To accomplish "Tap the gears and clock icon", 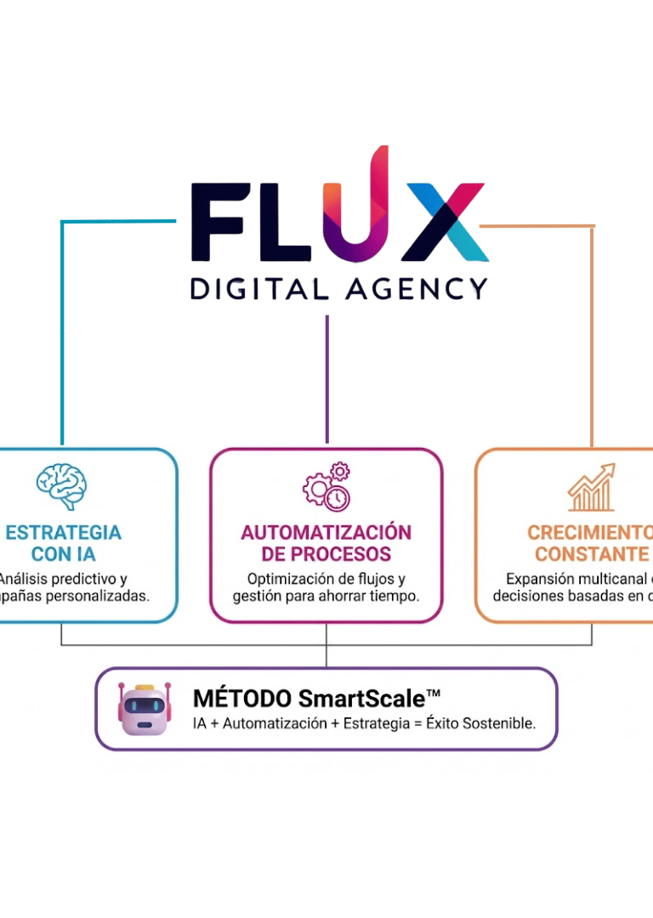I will click(x=326, y=487).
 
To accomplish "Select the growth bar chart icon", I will click(x=592, y=487).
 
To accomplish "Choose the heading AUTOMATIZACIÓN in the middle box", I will click(x=326, y=533).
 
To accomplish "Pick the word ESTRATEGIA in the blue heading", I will click(x=63, y=533).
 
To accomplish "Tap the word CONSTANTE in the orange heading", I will click(x=592, y=554).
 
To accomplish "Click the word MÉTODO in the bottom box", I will click(x=239, y=699).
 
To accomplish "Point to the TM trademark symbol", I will click(x=433, y=694).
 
